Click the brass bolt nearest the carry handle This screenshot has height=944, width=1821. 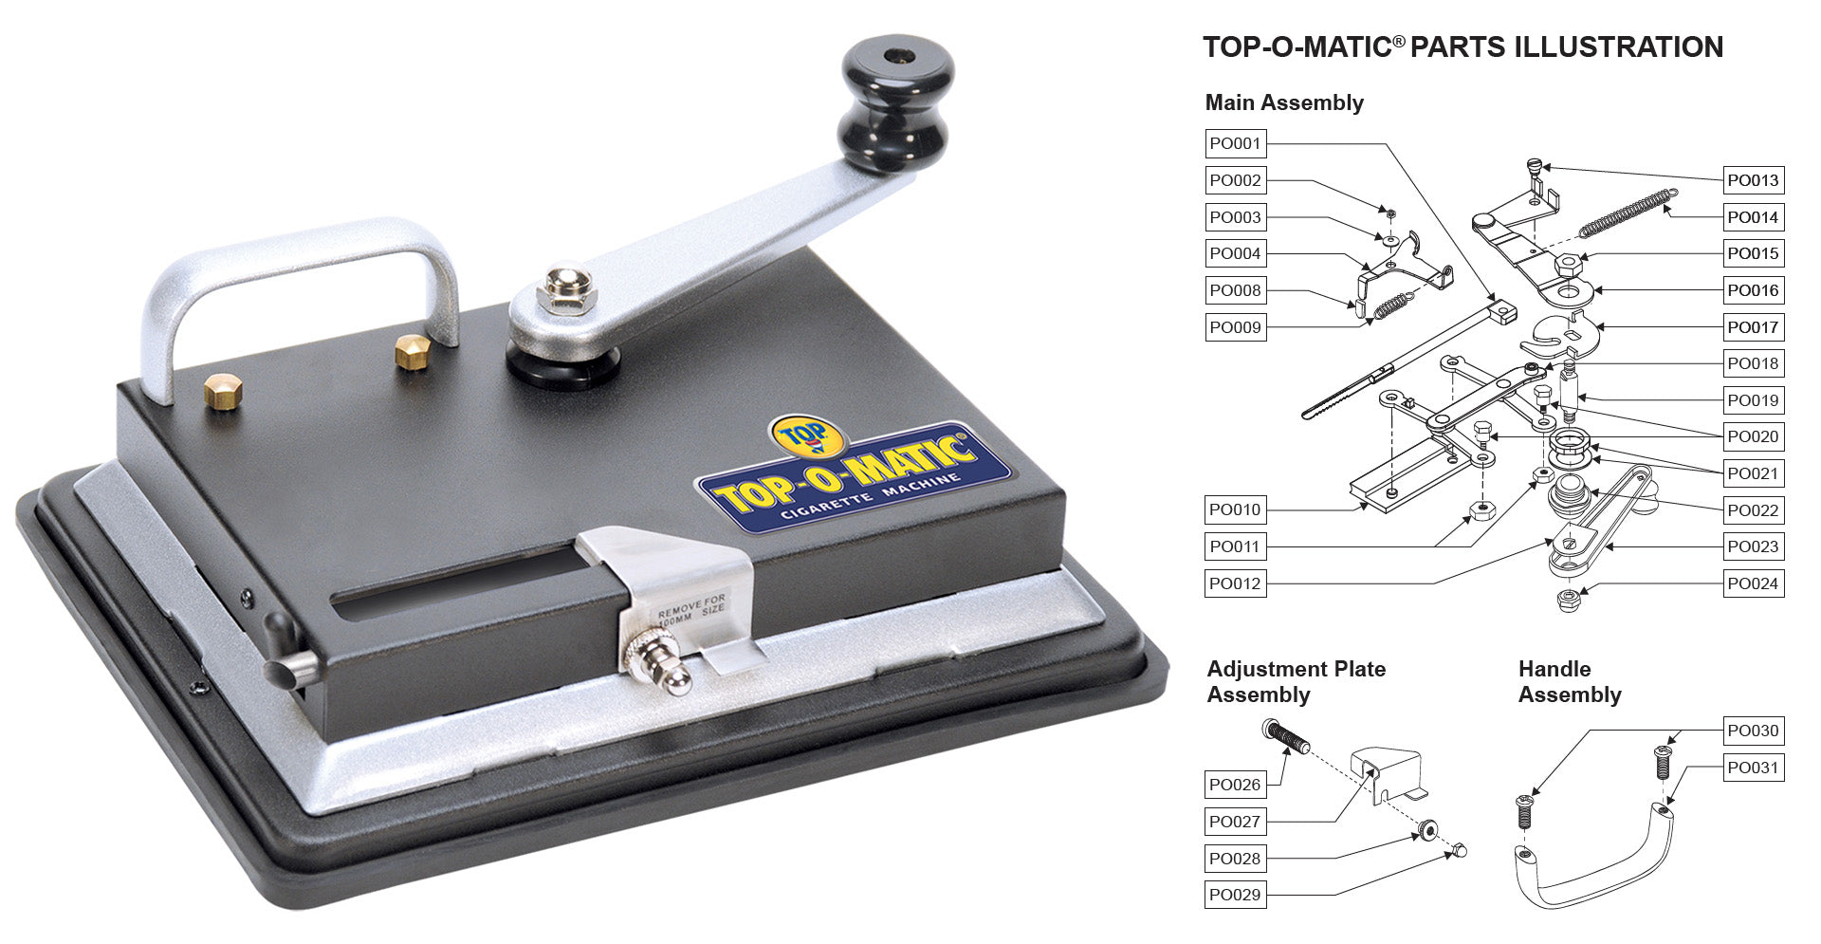[223, 390]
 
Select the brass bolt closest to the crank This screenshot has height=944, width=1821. [412, 351]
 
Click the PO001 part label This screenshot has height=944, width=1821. [1235, 144]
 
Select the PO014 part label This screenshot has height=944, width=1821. [1753, 217]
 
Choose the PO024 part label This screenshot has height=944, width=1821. [1753, 583]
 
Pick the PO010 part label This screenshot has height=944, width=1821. [1235, 509]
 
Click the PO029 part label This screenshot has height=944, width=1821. [1235, 895]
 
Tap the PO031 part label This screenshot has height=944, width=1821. [1753, 768]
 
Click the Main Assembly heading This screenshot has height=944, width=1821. [1284, 102]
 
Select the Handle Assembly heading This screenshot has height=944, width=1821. [1570, 682]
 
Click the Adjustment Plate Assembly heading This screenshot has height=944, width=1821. [1296, 682]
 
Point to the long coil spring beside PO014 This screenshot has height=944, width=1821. [1627, 213]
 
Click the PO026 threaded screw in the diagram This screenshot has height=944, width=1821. [1288, 737]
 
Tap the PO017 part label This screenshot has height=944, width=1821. [1753, 327]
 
